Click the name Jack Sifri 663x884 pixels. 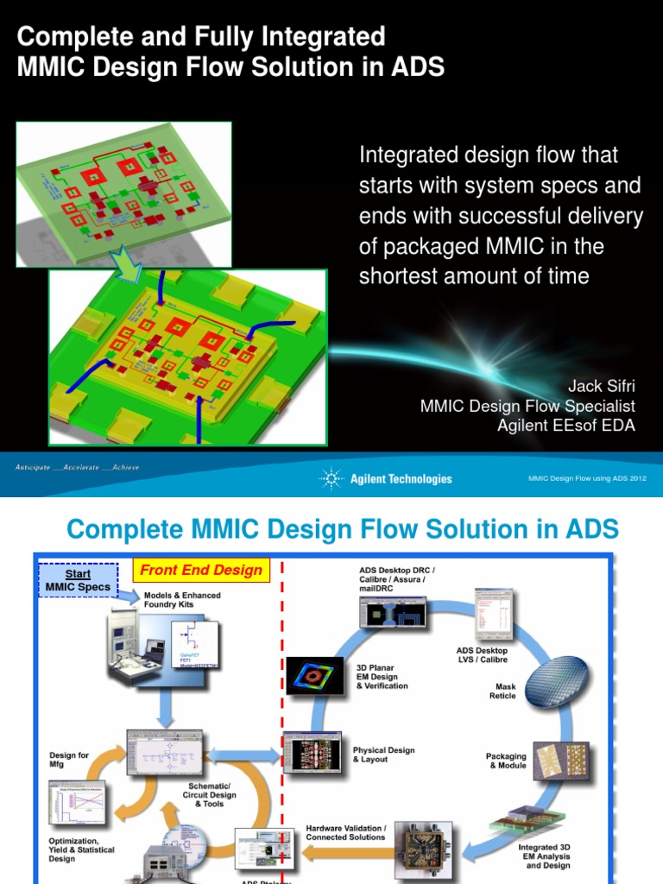tap(601, 385)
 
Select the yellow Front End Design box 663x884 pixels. tap(201, 570)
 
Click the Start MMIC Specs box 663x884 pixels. tap(78, 580)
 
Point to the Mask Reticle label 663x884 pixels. tap(502, 691)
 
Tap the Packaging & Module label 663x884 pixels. tap(506, 761)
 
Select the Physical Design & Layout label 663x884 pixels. tap(383, 755)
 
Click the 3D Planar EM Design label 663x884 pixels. tap(382, 676)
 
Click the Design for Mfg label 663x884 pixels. tap(69, 760)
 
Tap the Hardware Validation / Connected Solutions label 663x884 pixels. tap(346, 832)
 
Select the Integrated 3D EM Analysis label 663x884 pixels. tap(544, 856)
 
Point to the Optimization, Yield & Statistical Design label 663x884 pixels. tap(73, 849)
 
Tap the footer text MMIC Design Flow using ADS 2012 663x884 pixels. tap(587, 478)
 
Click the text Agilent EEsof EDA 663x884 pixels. tap(565, 425)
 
